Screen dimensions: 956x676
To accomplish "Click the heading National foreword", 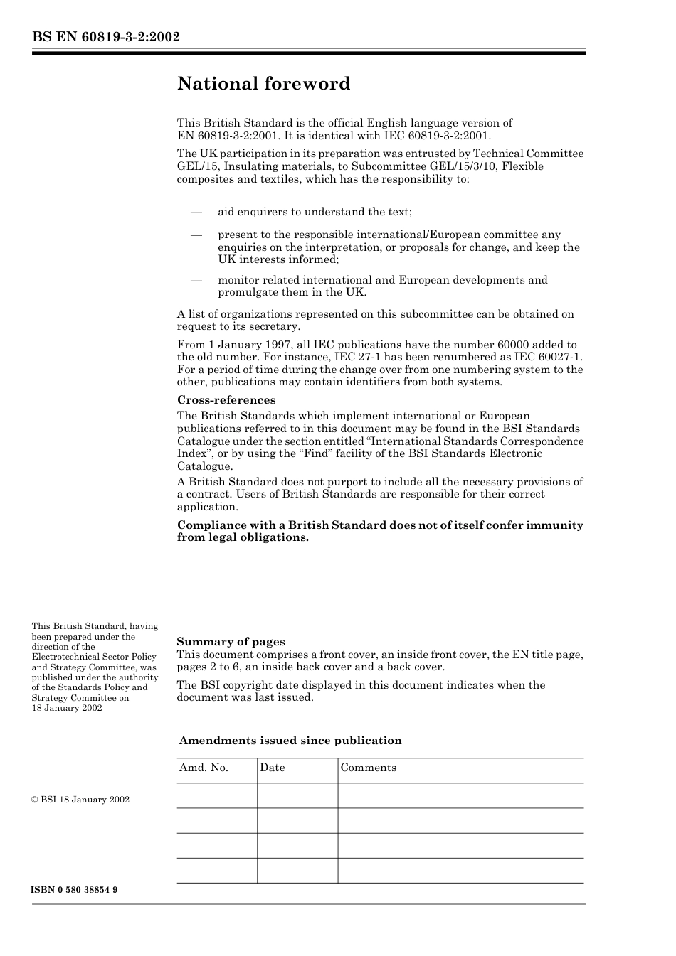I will (263, 84).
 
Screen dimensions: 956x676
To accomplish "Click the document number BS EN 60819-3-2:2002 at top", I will (105, 37).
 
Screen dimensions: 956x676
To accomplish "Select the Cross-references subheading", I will (226, 400).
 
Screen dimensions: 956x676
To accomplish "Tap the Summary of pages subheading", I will (231, 642).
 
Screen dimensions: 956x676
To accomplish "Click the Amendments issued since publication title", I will (290, 741).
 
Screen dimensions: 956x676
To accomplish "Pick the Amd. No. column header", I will (204, 768).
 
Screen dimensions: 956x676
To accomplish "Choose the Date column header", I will (272, 768).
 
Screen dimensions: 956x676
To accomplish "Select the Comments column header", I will (368, 768).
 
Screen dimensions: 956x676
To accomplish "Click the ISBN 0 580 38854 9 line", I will (74, 890).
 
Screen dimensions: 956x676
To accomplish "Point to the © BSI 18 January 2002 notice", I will (80, 800).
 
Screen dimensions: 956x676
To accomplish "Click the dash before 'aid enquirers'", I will (196, 212).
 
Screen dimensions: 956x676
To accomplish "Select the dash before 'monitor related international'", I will (196, 280).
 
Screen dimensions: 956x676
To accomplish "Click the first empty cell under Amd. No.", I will (217, 795).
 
